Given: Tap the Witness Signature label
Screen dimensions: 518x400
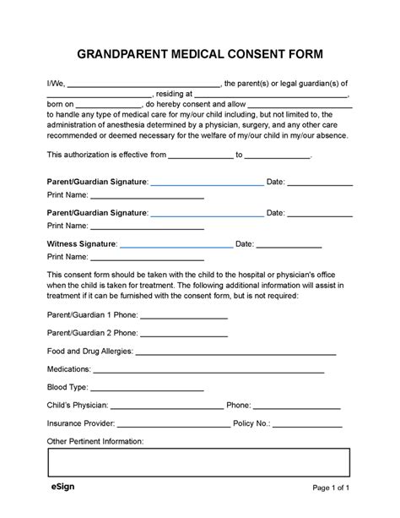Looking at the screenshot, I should tap(82, 244).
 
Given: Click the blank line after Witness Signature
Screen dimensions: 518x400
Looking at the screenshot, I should tap(176, 246).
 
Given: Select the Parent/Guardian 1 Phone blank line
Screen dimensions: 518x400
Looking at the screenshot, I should tap(183, 316).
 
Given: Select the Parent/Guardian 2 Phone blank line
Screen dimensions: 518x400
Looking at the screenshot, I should tap(183, 334).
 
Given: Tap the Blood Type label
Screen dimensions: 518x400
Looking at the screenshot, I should tap(68, 388).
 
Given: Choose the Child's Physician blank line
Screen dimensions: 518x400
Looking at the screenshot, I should tap(168, 407).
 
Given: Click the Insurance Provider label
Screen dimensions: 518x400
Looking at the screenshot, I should tap(80, 424).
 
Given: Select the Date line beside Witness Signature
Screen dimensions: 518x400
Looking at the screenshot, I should tap(289, 246).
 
